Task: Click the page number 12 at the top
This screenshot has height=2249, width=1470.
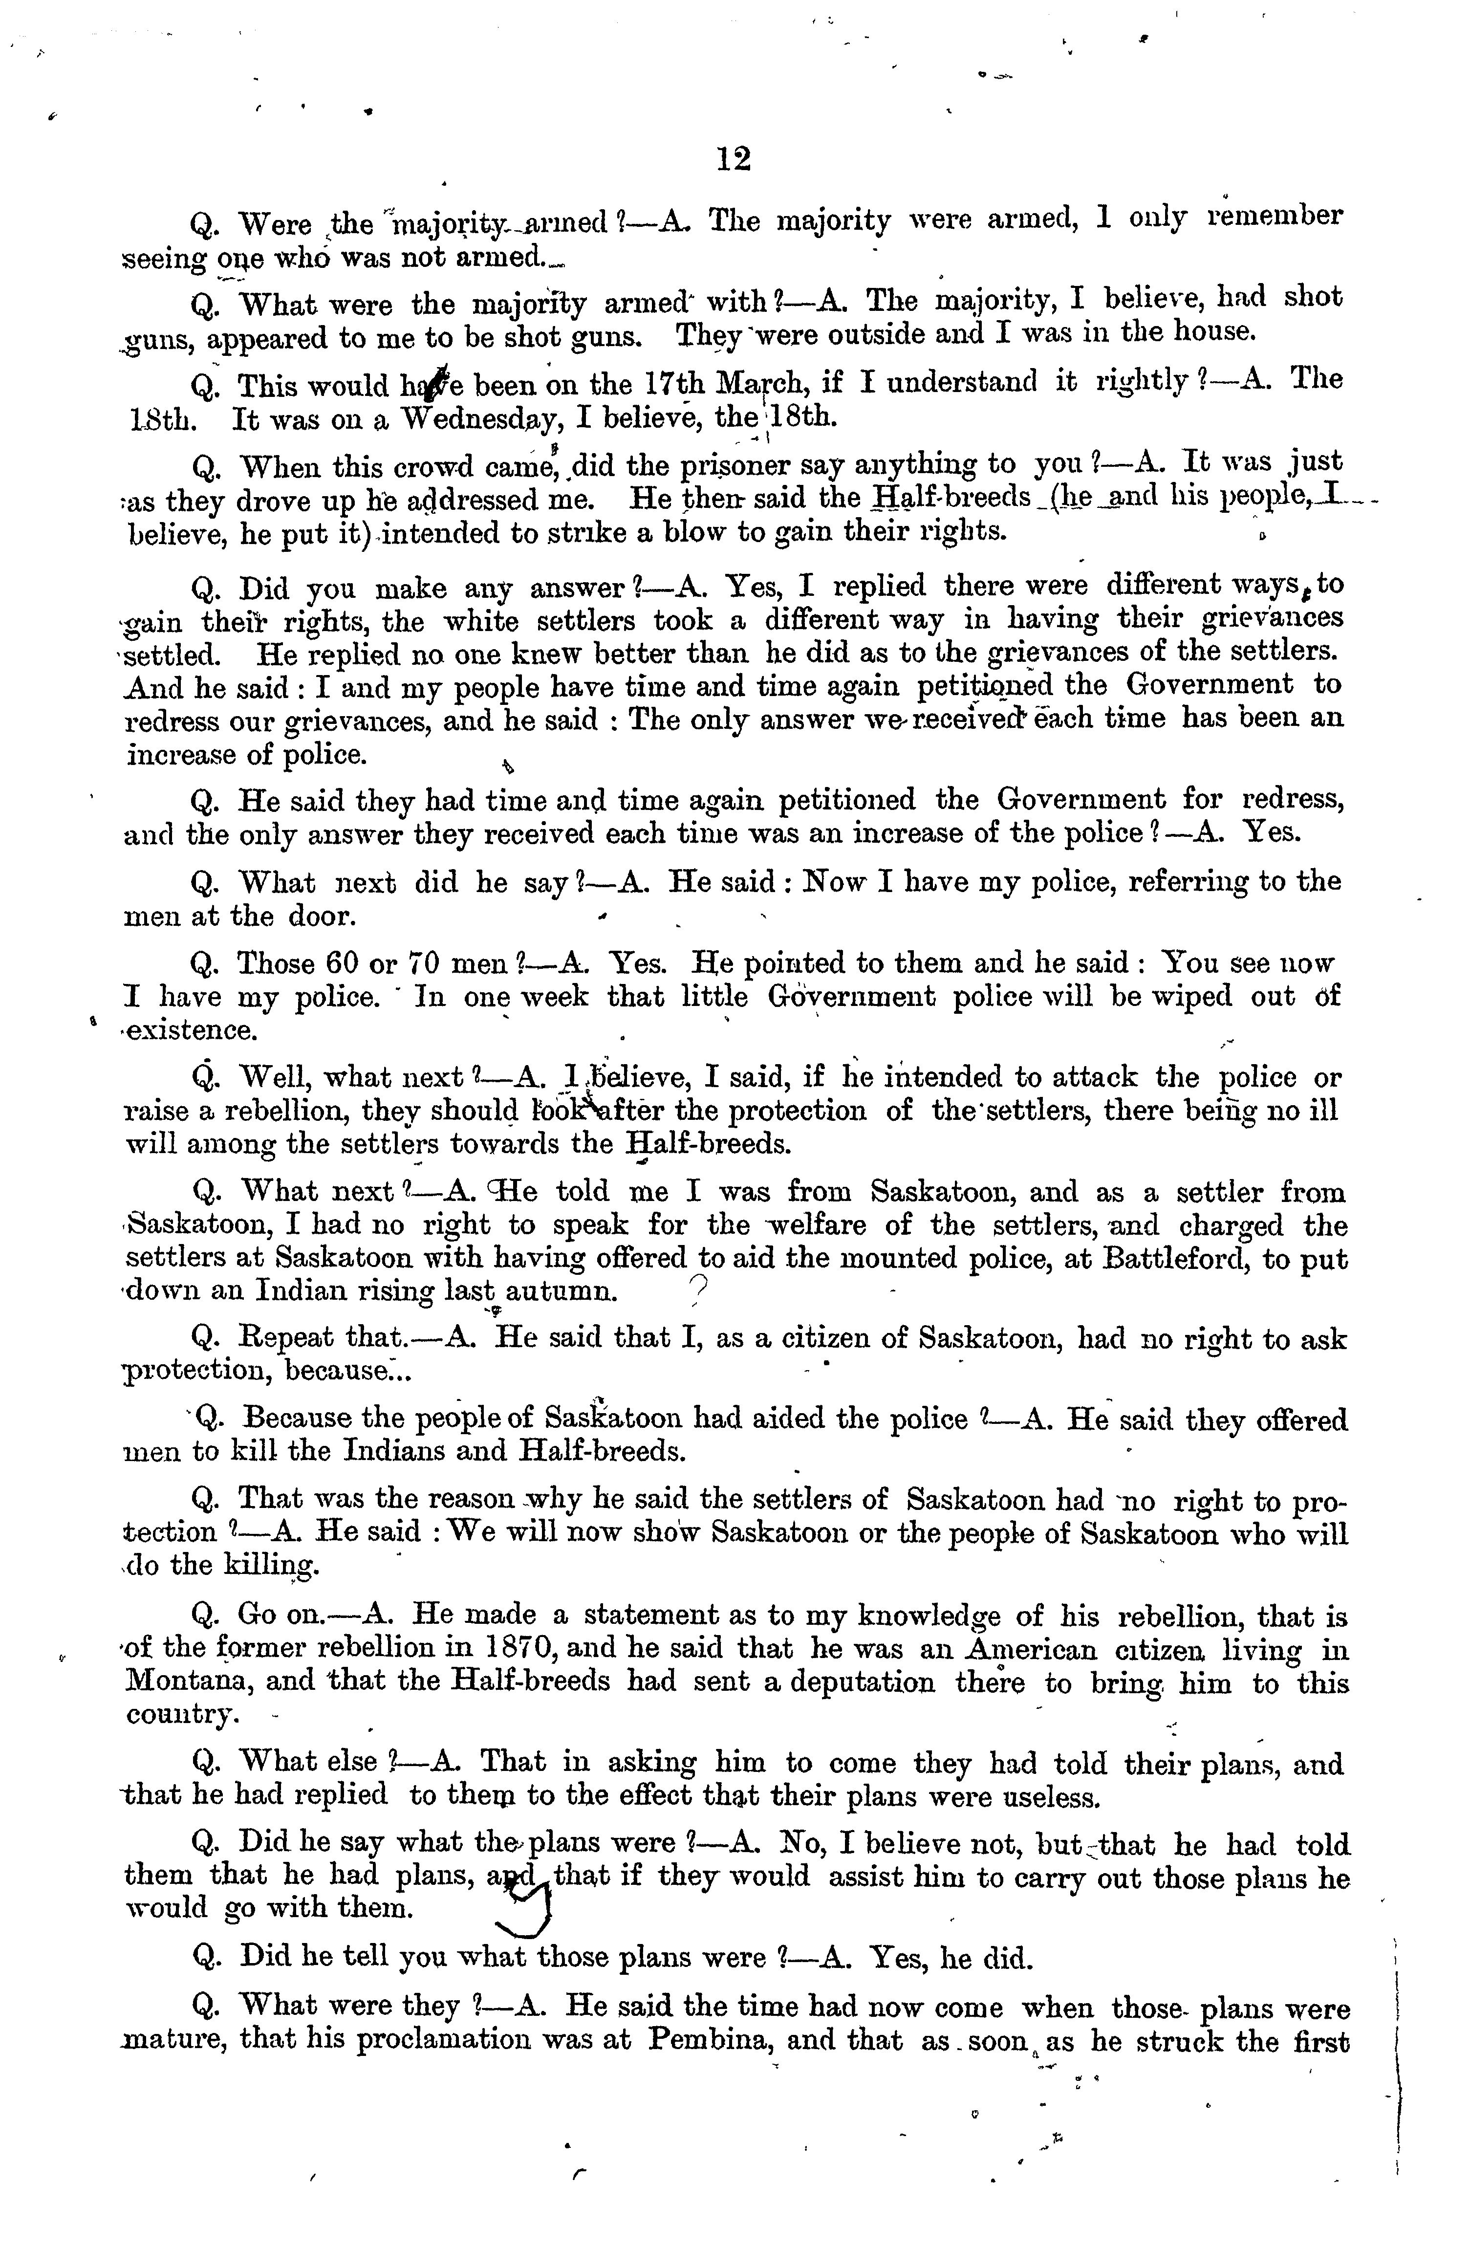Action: click(733, 159)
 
